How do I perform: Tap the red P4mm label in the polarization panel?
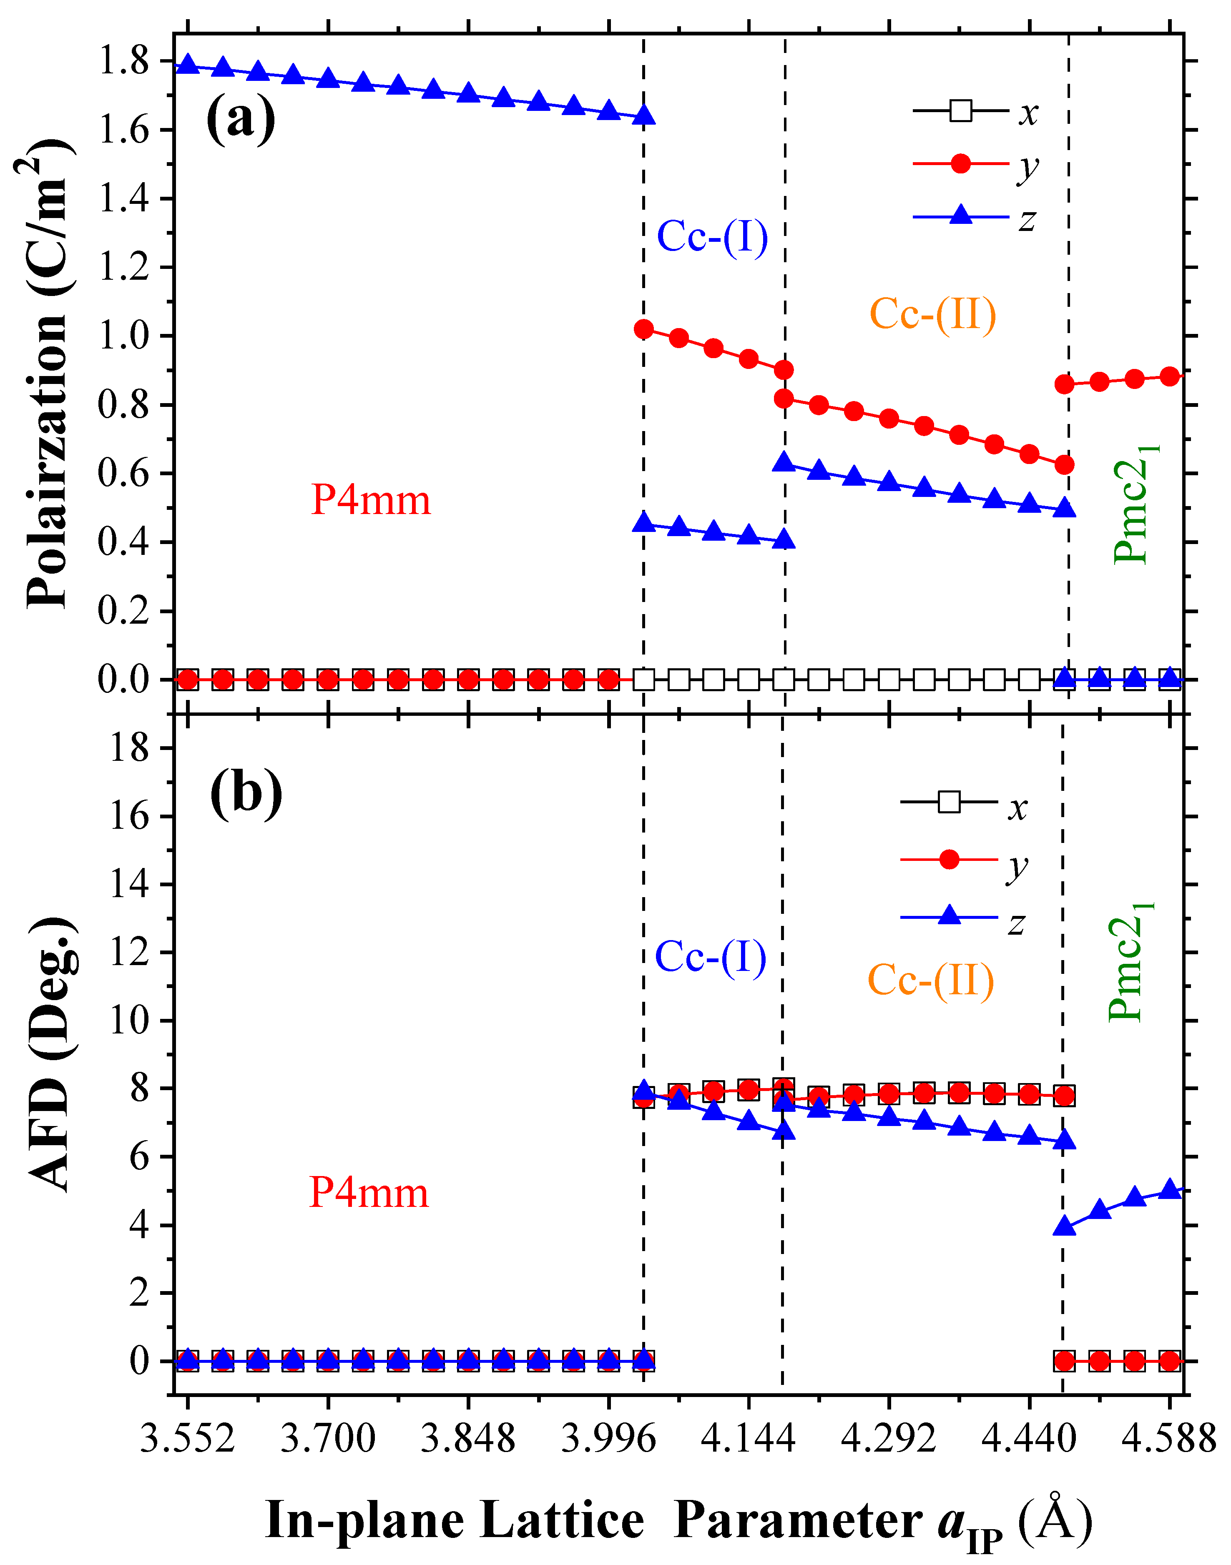(370, 500)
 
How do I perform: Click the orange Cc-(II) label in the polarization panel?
(932, 314)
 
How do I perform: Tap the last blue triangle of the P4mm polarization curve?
(643, 115)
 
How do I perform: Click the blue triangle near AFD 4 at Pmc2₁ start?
(1064, 1226)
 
